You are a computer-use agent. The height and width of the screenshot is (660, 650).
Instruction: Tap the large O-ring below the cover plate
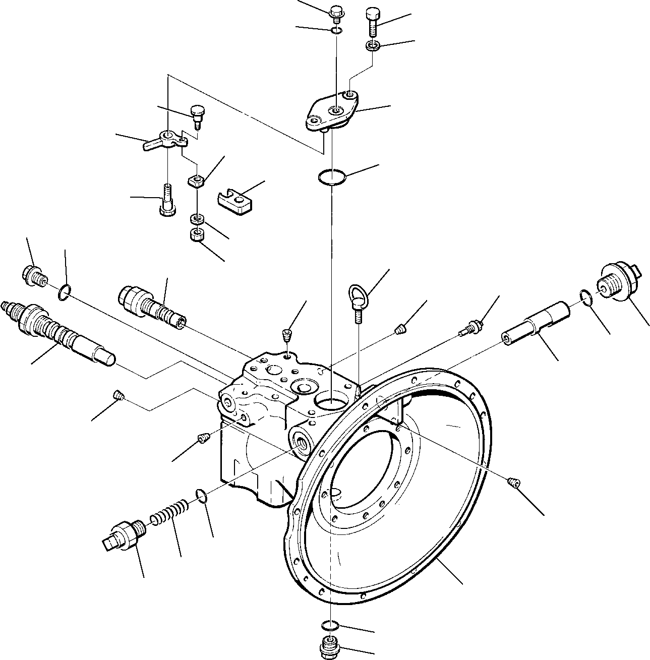pos(331,177)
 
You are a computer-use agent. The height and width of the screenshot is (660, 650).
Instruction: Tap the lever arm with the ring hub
pos(161,140)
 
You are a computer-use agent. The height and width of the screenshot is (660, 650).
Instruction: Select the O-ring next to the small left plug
pos(64,291)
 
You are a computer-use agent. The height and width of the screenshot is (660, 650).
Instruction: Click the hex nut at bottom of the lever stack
pos(197,235)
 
